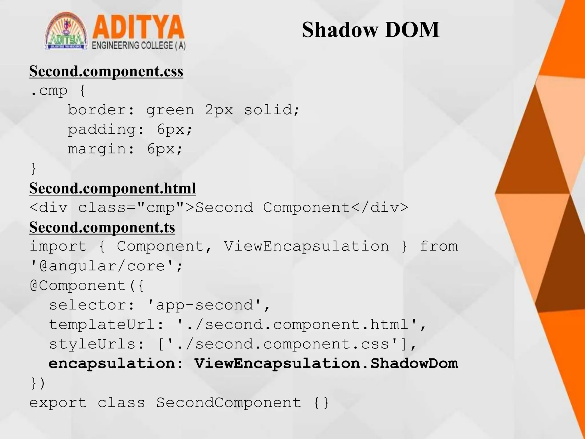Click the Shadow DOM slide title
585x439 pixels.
pyautogui.click(x=370, y=30)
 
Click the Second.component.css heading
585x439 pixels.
pyautogui.click(x=106, y=71)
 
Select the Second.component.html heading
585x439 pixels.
pyautogui.click(x=112, y=188)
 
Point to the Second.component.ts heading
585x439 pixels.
pyautogui.click(x=102, y=228)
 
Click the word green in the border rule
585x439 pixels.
pyautogui.click(x=170, y=110)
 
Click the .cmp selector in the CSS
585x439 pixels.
pyautogui.click(x=49, y=91)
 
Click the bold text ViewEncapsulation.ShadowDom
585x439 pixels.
pyautogui.click(x=326, y=364)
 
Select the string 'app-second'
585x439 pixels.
pyautogui.click(x=204, y=305)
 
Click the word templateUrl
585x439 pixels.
pyautogui.click(x=102, y=325)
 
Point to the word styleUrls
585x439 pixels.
pyautogui.click(x=92, y=344)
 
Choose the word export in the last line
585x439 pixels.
pyautogui.click(x=58, y=403)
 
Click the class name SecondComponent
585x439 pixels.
pyautogui.click(x=229, y=403)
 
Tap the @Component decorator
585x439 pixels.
pyautogui.click(x=78, y=286)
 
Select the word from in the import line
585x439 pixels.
pyautogui.click(x=438, y=247)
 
